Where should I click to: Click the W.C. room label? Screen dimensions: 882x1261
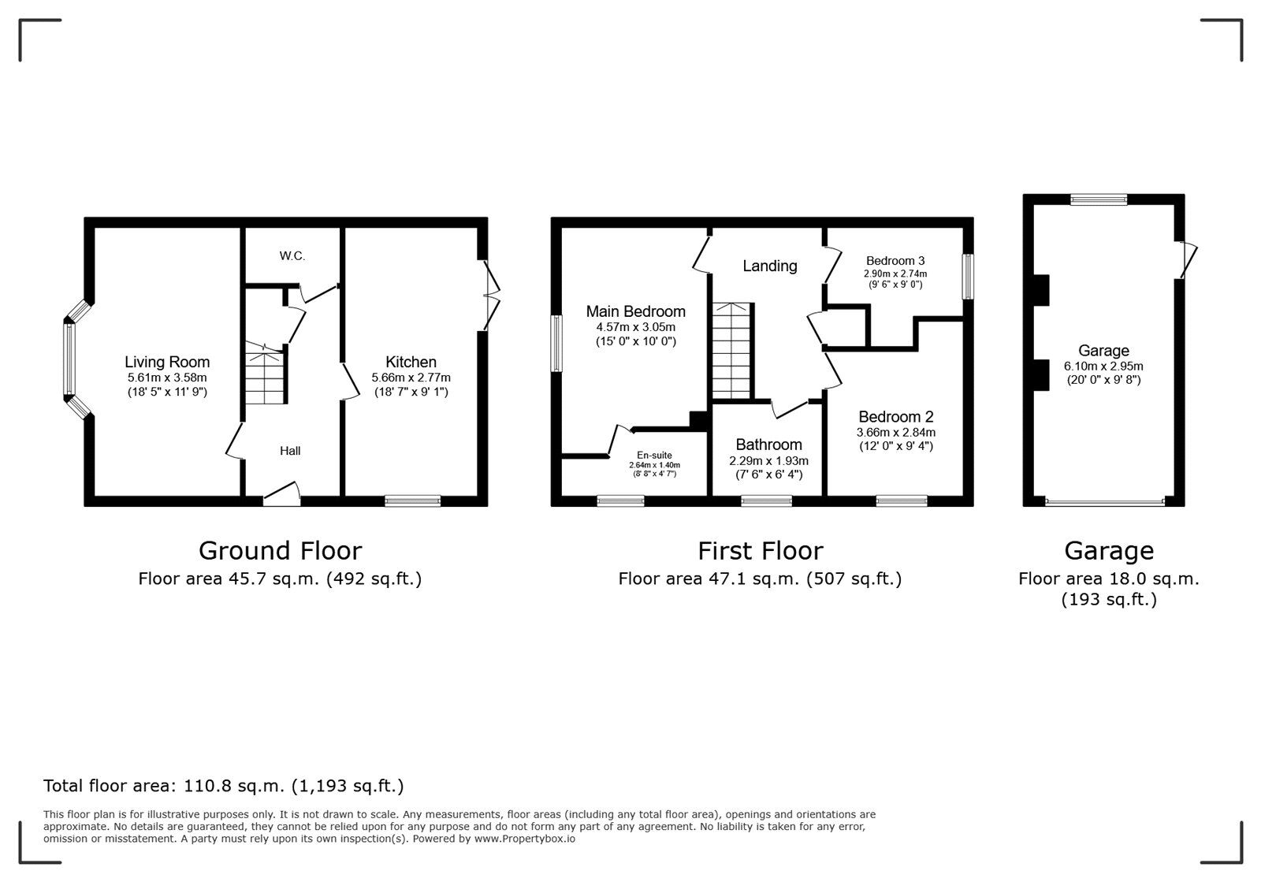(x=292, y=256)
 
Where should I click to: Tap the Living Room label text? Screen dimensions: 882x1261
(x=167, y=362)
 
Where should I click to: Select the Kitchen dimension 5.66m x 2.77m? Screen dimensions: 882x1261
(x=411, y=378)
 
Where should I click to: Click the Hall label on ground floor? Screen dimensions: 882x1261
(x=290, y=451)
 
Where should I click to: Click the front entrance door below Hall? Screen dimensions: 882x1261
(x=281, y=494)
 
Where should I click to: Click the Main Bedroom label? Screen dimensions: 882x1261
(x=635, y=311)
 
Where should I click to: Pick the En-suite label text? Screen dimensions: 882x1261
(x=654, y=455)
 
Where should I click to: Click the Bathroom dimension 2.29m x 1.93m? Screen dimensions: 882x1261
(x=768, y=461)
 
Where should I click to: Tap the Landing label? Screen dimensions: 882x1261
(x=770, y=266)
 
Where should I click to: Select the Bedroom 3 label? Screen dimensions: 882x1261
(x=895, y=261)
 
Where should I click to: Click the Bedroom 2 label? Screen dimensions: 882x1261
(x=895, y=417)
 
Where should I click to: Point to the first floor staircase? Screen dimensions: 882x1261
(x=732, y=351)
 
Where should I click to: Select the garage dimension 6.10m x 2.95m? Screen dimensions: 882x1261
(x=1103, y=366)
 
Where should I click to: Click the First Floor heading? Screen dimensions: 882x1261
(x=760, y=550)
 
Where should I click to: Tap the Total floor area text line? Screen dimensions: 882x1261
(x=223, y=786)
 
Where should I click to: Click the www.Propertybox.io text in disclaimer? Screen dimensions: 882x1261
(x=524, y=839)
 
